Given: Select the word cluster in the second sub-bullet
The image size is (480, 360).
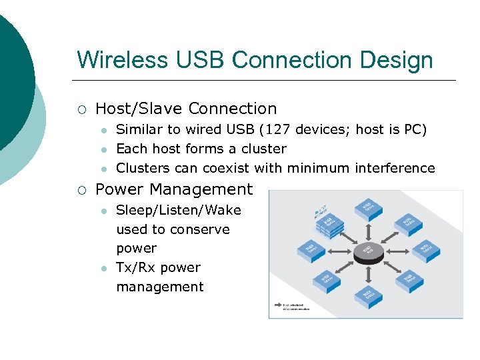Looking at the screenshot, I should click(x=264, y=149).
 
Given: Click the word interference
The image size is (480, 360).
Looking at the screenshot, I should click(x=395, y=168).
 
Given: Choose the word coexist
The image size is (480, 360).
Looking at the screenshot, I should click(x=200, y=168).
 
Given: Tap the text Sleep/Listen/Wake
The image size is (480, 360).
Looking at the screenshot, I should click(x=178, y=210).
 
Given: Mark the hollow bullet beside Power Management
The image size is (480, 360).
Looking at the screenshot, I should click(x=81, y=190).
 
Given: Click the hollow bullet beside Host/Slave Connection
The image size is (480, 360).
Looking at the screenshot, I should click(x=81, y=109).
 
